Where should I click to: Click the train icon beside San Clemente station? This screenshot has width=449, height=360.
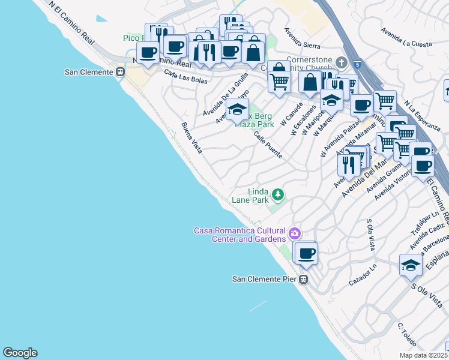pyautogui.click(x=121, y=72)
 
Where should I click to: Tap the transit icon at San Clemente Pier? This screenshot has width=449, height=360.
pyautogui.click(x=304, y=279)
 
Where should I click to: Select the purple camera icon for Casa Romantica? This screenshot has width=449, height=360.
pyautogui.click(x=294, y=232)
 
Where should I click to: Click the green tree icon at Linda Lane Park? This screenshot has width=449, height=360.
pyautogui.click(x=277, y=194)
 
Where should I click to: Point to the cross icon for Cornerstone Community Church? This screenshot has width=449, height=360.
pyautogui.click(x=342, y=62)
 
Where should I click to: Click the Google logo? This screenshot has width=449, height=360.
pyautogui.click(x=20, y=352)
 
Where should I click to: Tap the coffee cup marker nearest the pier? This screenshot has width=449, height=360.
pyautogui.click(x=306, y=253)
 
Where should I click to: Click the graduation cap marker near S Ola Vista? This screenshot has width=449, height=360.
pyautogui.click(x=411, y=265)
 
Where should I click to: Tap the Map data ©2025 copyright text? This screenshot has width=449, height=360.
pyautogui.click(x=423, y=355)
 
